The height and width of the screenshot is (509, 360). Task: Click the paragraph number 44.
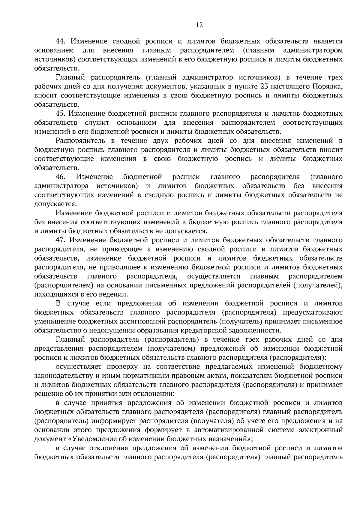pyautogui.click(x=61, y=41)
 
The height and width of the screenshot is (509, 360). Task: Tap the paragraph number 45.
pyautogui.click(x=61, y=114)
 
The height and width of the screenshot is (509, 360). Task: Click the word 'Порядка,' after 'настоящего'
pyautogui.click(x=328, y=87)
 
